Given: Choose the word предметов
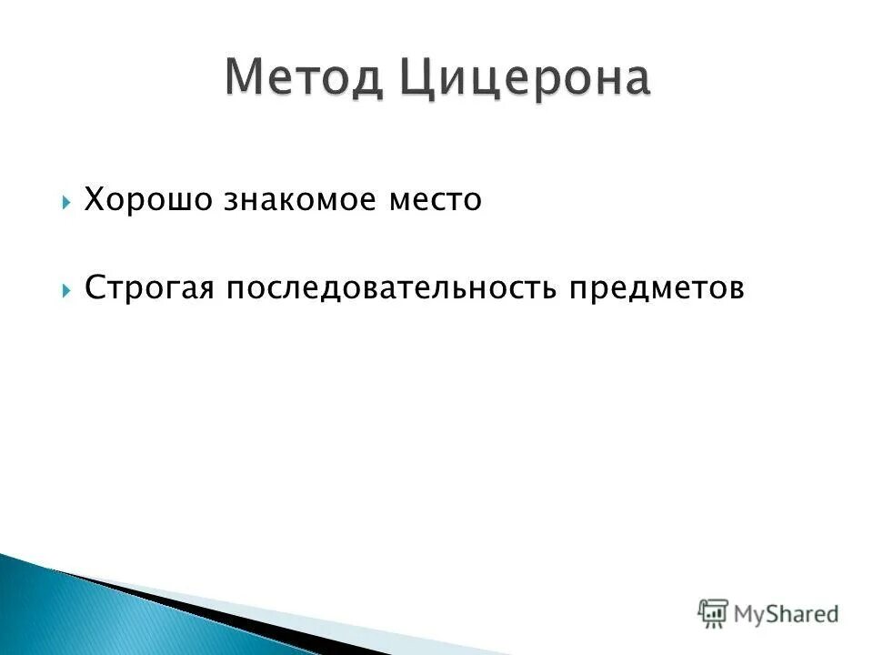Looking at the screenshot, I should (x=657, y=289).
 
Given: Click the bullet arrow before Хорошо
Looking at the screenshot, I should (x=67, y=201).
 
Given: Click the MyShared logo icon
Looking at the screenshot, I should (x=713, y=613).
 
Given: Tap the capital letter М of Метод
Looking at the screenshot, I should (x=245, y=78).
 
